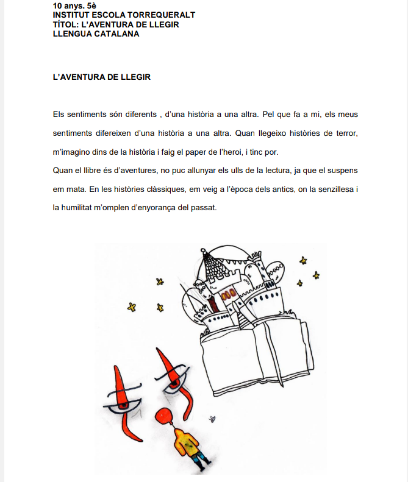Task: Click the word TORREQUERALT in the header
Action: [161, 15]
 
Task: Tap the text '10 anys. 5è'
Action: [74, 5]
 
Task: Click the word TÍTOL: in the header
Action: [66, 24]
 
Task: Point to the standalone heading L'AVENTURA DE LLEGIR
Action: [101, 77]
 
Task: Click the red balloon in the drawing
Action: [162, 416]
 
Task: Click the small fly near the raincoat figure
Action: [212, 419]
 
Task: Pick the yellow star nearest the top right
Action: [303, 261]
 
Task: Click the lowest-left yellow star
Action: [132, 307]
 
